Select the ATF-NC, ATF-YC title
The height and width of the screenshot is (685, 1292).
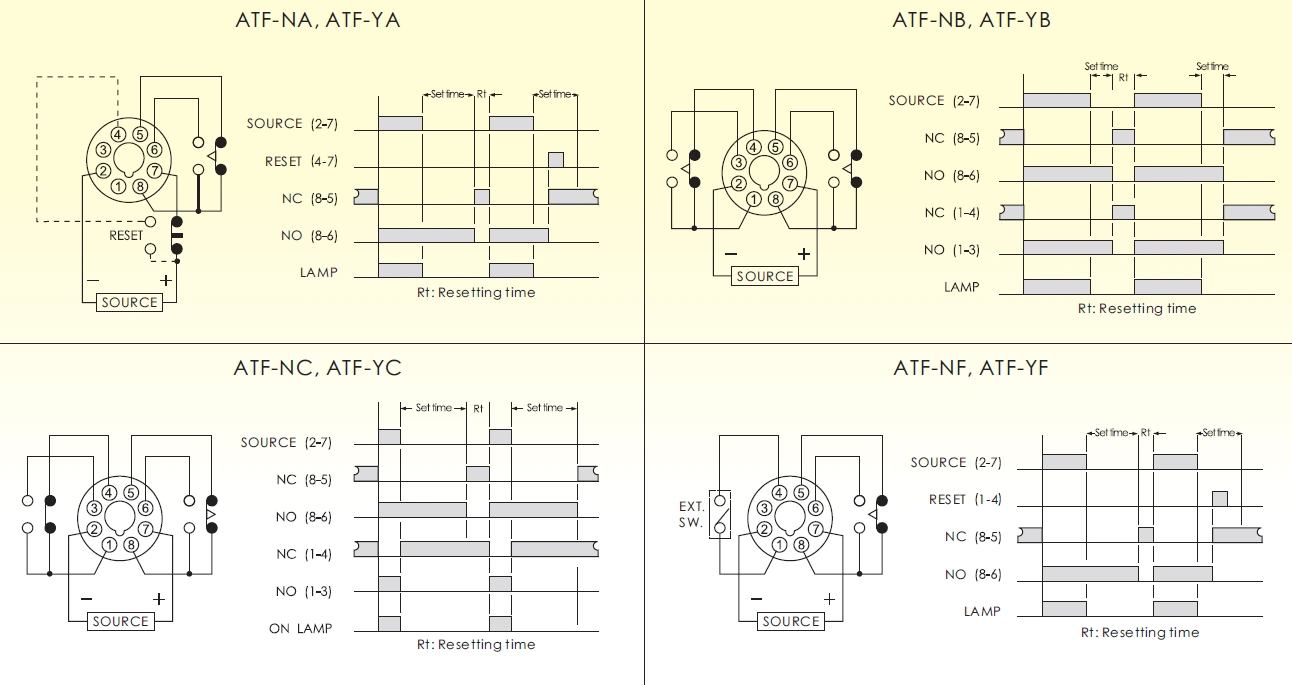click(x=317, y=368)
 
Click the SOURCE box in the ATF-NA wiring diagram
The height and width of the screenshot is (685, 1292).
click(x=129, y=302)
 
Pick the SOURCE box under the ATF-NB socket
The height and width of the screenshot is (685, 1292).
click(x=764, y=276)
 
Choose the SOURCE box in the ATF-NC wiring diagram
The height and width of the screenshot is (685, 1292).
click(x=120, y=621)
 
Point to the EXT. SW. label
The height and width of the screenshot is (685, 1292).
click(x=691, y=515)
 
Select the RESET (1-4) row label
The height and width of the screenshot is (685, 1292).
click(x=965, y=499)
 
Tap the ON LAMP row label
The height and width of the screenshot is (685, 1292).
click(x=300, y=629)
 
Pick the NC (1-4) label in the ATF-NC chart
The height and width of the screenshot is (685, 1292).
click(x=304, y=554)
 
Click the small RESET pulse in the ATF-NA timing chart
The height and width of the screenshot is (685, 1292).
click(x=556, y=160)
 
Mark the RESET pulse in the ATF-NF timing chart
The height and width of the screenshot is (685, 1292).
click(x=1219, y=498)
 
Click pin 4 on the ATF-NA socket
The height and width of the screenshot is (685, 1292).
click(x=118, y=134)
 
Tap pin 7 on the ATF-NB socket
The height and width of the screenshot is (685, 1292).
click(x=790, y=183)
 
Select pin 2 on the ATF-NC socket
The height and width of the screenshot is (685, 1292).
click(x=93, y=529)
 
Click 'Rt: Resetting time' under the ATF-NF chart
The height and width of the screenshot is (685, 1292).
click(x=1139, y=632)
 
